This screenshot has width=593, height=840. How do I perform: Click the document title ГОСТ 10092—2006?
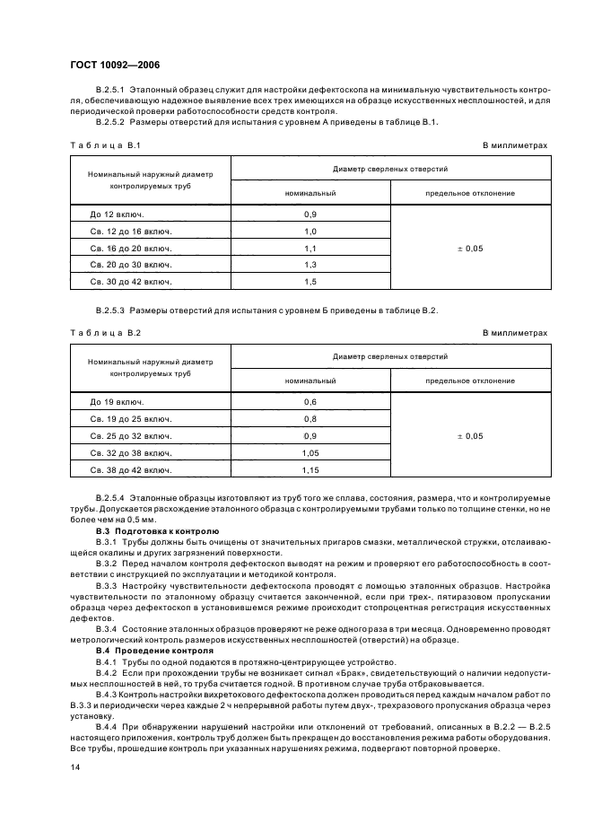point(111,64)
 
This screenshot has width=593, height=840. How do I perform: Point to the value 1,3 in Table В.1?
point(310,265)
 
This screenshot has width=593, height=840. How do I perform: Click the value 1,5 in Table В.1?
point(310,282)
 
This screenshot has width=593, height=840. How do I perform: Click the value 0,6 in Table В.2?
point(310,403)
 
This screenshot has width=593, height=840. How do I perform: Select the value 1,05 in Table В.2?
point(310,453)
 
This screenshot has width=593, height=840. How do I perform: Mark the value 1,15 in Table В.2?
point(310,470)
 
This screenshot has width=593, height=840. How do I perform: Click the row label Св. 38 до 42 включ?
point(130,470)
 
